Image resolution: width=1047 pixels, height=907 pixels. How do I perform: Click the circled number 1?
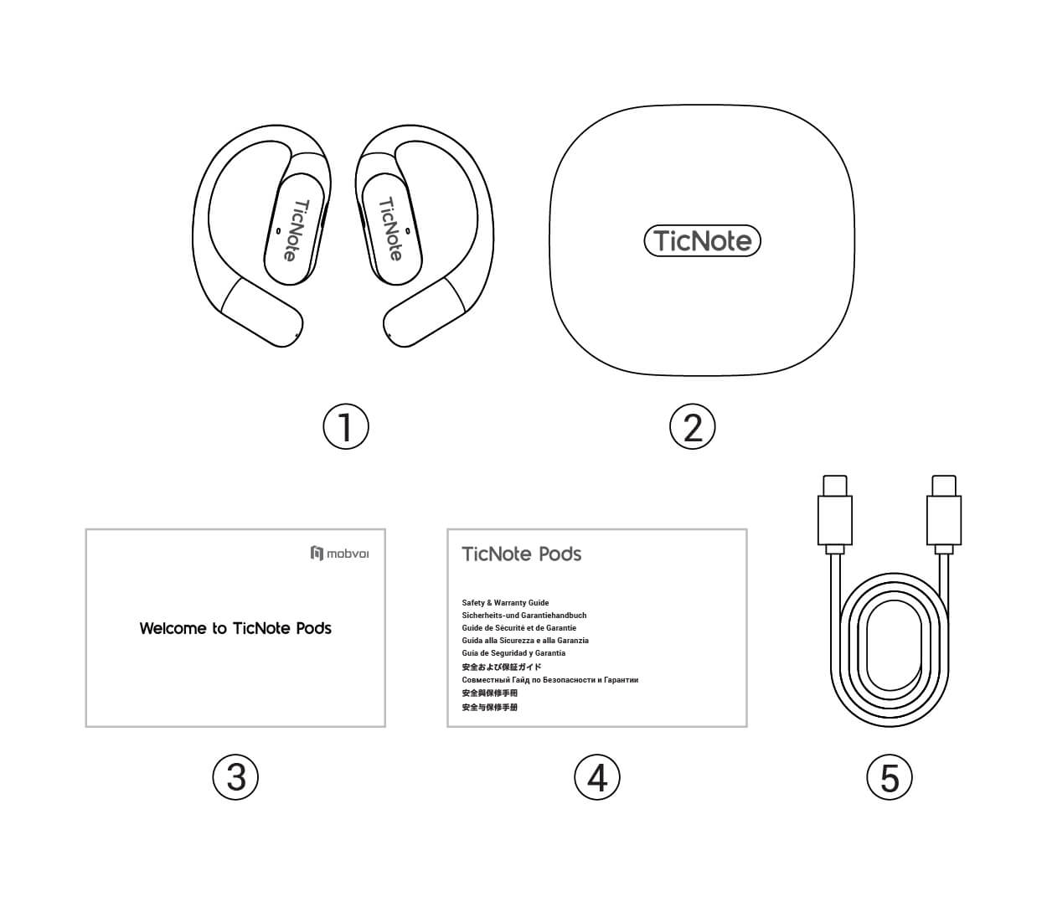346,426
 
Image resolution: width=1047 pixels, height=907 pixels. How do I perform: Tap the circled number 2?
693,426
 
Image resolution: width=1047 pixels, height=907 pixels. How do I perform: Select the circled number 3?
235,777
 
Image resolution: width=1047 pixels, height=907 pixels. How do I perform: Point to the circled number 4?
597,777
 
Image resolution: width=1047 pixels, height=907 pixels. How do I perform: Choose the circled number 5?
890,777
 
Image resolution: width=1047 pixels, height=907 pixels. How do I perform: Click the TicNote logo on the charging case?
703,240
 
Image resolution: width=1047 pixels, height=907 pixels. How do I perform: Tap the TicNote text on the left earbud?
296,230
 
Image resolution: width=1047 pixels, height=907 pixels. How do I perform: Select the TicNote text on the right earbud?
391,229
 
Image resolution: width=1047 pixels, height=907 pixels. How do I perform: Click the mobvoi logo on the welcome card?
340,553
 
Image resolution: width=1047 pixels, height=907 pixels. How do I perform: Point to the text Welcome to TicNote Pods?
235,628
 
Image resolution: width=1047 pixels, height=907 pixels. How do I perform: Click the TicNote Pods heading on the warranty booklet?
522,554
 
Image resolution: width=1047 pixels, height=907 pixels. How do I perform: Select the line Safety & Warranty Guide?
506,603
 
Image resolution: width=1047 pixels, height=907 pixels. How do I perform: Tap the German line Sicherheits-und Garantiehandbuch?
524,616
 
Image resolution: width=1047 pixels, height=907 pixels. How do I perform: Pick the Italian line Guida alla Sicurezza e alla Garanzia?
525,641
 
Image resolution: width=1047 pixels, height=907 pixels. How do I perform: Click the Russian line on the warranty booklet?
550,679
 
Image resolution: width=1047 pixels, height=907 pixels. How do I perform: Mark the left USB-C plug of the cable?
835,514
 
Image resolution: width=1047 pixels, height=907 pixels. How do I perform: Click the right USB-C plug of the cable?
944,514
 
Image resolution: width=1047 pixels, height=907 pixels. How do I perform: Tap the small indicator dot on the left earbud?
279,231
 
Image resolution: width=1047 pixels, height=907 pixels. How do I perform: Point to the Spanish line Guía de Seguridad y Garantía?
513,653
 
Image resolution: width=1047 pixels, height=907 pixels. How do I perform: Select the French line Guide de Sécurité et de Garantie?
519,628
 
